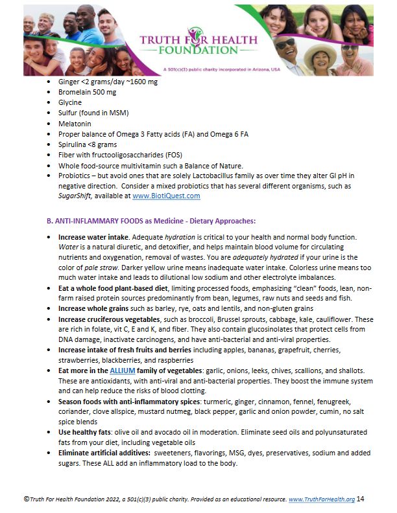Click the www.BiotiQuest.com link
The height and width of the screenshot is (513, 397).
167,195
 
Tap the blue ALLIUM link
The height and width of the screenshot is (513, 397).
122,370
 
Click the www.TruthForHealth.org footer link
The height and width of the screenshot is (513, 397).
322,499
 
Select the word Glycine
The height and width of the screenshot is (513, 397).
69,102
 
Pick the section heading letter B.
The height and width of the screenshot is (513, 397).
49,220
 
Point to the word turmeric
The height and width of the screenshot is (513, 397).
200,401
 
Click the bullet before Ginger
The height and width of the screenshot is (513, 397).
51,82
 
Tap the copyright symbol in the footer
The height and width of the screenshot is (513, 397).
26,498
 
